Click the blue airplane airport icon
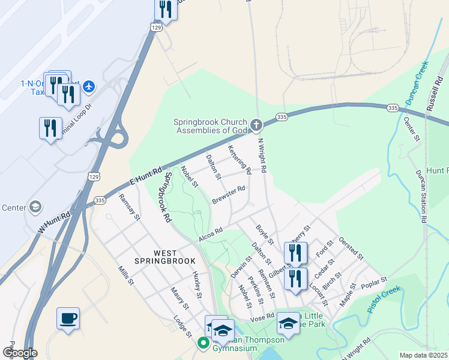(x=89, y=87)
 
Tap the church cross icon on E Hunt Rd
(x=256, y=125)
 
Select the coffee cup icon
(x=68, y=317)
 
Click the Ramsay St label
(x=129, y=207)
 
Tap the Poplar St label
(x=375, y=282)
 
